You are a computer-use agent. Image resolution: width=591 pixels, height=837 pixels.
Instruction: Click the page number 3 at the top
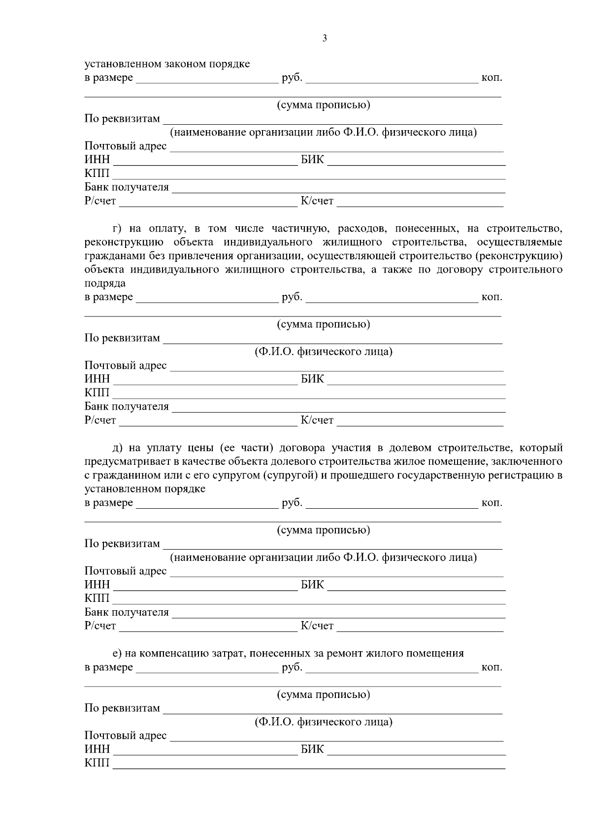click(x=324, y=38)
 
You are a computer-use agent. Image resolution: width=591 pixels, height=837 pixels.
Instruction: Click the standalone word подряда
click(x=105, y=283)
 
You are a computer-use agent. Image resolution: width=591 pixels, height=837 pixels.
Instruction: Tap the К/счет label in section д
click(x=317, y=626)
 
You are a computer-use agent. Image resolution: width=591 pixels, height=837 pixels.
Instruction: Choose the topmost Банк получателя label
click(x=127, y=187)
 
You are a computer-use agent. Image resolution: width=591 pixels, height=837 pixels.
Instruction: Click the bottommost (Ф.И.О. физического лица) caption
click(x=324, y=722)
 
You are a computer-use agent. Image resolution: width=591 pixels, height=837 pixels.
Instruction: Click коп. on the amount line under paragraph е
click(x=492, y=667)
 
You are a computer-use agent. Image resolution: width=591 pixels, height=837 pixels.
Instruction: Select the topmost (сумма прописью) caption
click(x=324, y=105)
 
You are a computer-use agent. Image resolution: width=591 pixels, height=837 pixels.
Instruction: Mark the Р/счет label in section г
click(x=100, y=420)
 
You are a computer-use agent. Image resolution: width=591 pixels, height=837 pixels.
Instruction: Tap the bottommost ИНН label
click(x=97, y=749)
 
